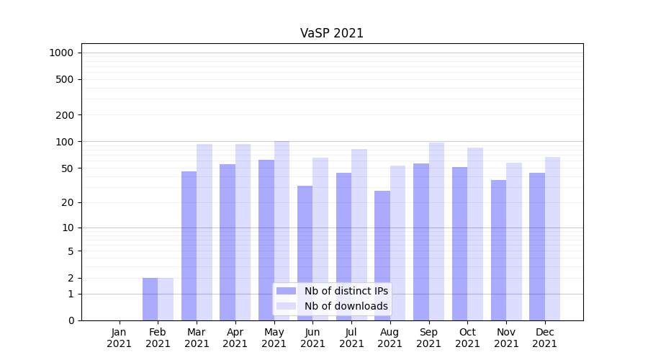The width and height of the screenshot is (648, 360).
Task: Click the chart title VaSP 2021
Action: (x=331, y=33)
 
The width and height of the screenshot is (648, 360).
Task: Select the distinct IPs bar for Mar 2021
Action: (x=189, y=245)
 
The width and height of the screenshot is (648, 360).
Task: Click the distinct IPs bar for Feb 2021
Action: (x=150, y=299)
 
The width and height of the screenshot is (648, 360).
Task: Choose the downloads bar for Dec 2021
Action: (x=552, y=238)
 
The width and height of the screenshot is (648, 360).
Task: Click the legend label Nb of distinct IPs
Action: (x=346, y=291)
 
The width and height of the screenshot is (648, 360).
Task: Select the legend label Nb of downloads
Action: (x=346, y=306)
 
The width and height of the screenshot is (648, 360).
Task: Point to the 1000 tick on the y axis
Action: (x=61, y=53)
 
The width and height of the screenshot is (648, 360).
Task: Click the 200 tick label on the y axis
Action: (x=66, y=115)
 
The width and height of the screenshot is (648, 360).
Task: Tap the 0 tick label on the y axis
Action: (x=71, y=320)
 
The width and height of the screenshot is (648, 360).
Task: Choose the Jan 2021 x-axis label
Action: (x=119, y=338)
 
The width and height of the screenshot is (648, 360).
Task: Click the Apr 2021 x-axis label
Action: (x=235, y=338)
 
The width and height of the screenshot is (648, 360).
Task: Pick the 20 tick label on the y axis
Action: (x=68, y=202)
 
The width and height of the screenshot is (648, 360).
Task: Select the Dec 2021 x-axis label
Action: (x=544, y=338)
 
